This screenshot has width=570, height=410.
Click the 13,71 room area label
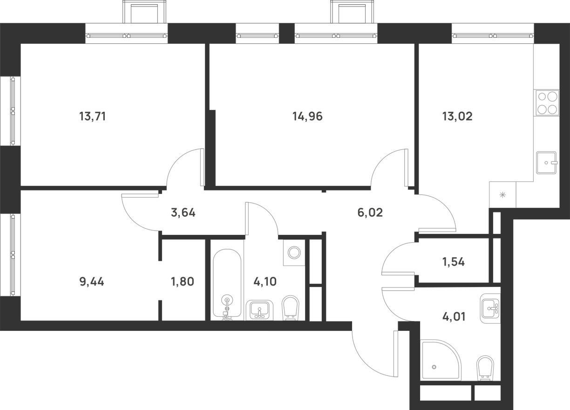click(x=92, y=116)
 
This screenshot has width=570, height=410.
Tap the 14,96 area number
click(x=307, y=116)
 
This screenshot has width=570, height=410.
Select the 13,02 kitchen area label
click(x=457, y=116)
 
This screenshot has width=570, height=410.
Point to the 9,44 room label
click(x=92, y=282)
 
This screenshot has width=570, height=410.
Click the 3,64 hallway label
click(x=183, y=212)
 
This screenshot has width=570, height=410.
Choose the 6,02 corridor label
click(x=370, y=212)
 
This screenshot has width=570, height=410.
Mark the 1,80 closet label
click(x=183, y=282)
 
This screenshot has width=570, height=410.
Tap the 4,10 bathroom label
click(x=265, y=282)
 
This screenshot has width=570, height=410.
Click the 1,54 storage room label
click(x=454, y=262)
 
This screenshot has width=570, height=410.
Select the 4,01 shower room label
click(x=454, y=317)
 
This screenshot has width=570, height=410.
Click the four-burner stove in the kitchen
click(x=546, y=103)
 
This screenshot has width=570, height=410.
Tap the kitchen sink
click(x=547, y=163)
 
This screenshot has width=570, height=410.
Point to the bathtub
click(x=227, y=285)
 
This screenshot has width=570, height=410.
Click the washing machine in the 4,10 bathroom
click(x=294, y=253)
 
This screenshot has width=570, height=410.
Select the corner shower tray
click(x=441, y=360)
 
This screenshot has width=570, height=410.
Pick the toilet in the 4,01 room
click(x=485, y=371)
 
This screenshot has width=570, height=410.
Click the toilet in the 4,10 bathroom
click(x=291, y=308)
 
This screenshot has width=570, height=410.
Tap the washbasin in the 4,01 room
click(x=490, y=308)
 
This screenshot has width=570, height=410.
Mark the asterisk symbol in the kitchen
click(x=502, y=195)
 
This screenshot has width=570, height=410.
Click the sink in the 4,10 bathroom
click(x=259, y=310)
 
